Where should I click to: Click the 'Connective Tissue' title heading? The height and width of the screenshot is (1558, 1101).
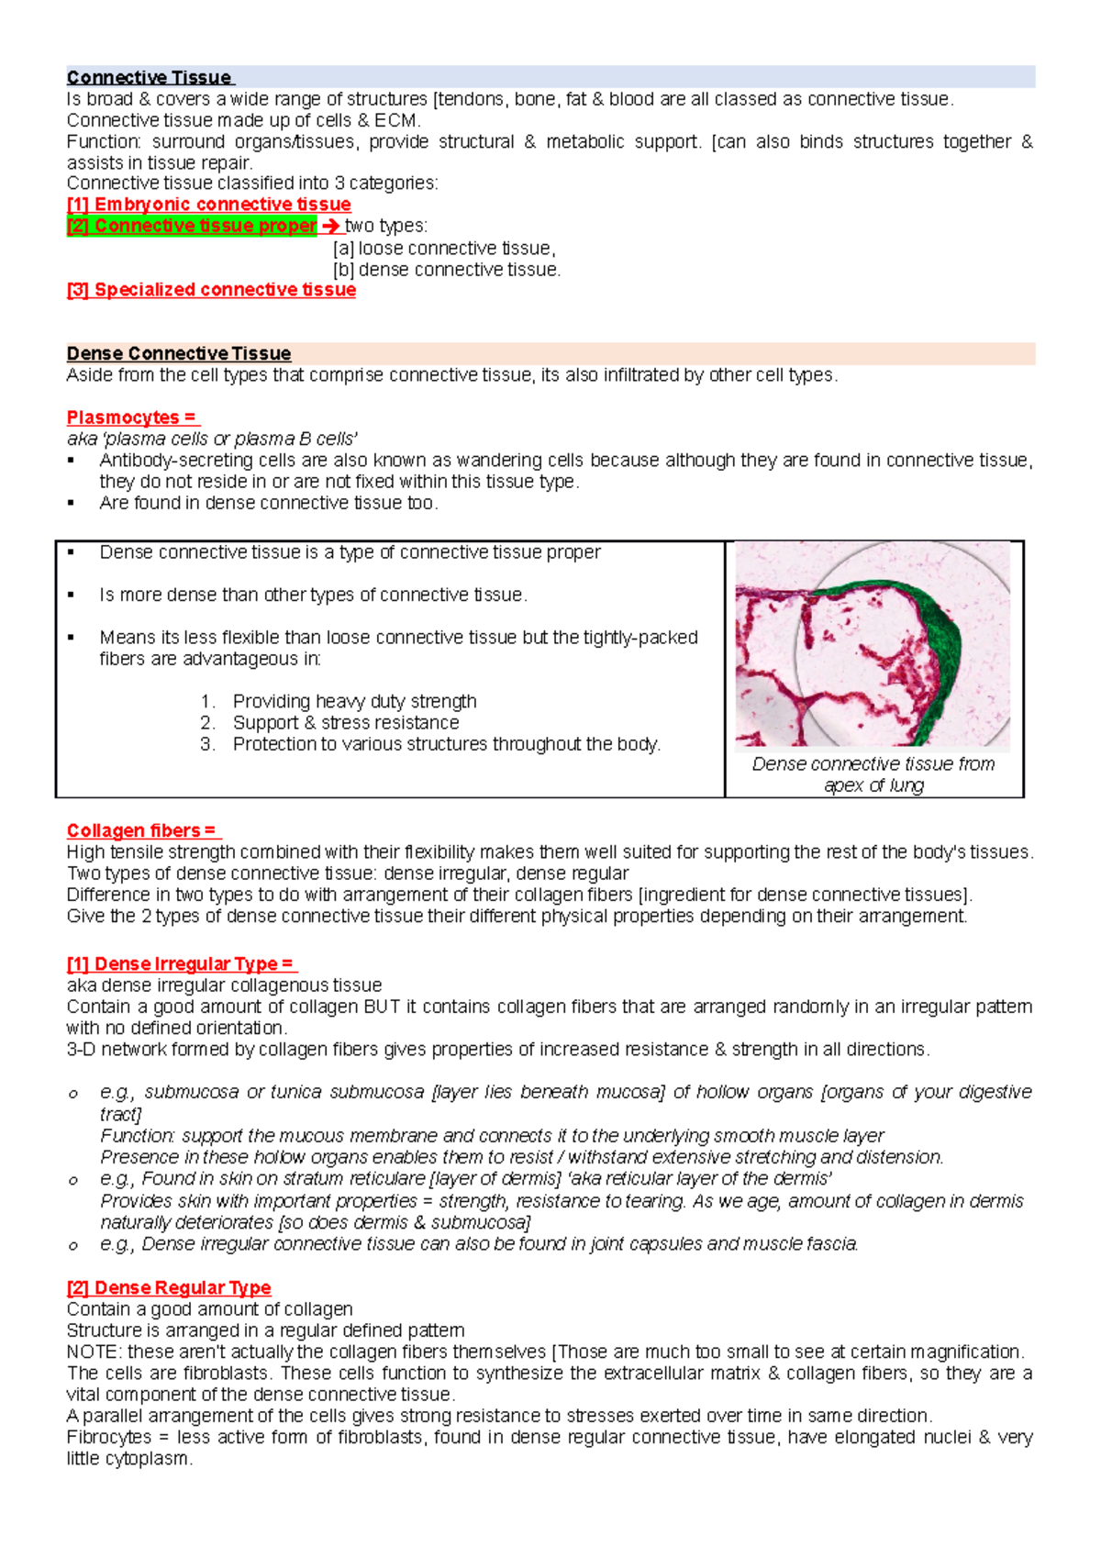150,78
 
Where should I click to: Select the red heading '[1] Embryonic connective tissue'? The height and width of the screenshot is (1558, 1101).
208,205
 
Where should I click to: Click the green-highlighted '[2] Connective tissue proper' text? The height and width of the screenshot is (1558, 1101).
192,226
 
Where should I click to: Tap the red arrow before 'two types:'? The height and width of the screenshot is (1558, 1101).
331,226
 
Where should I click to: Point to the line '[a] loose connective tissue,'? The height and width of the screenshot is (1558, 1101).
444,249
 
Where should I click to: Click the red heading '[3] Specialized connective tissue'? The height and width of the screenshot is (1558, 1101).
211,290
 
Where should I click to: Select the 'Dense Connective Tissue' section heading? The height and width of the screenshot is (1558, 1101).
179,354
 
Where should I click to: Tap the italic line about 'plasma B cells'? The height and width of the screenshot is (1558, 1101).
212,439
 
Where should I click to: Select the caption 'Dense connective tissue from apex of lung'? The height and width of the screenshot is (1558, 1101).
873,774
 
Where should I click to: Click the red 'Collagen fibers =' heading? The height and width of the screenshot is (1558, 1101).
142,831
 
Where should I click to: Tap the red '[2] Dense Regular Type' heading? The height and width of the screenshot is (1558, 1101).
169,1288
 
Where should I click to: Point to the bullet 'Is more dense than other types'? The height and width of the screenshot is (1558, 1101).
313,595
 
